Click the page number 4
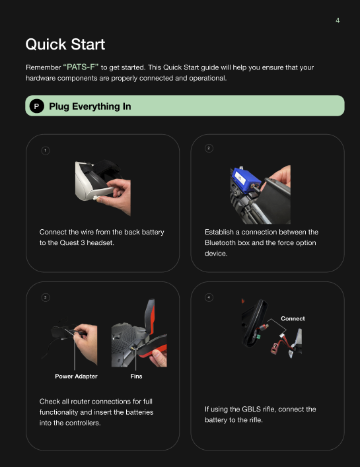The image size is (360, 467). (x=338, y=20)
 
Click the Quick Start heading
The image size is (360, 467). (x=65, y=44)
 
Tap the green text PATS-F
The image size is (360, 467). (x=81, y=67)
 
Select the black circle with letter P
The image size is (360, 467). (x=36, y=106)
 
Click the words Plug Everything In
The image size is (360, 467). (x=90, y=106)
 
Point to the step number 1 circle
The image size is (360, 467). (x=46, y=151)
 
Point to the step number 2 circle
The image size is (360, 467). (x=209, y=148)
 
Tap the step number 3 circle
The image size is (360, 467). (x=46, y=297)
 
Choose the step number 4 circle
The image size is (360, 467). (x=209, y=297)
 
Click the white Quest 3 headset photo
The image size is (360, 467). (x=103, y=188)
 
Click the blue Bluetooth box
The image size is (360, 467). (x=245, y=180)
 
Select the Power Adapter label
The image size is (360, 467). (x=76, y=376)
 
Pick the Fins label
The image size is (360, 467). (x=136, y=376)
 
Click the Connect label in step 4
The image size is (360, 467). (x=293, y=318)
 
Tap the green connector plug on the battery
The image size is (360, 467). (x=258, y=337)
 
